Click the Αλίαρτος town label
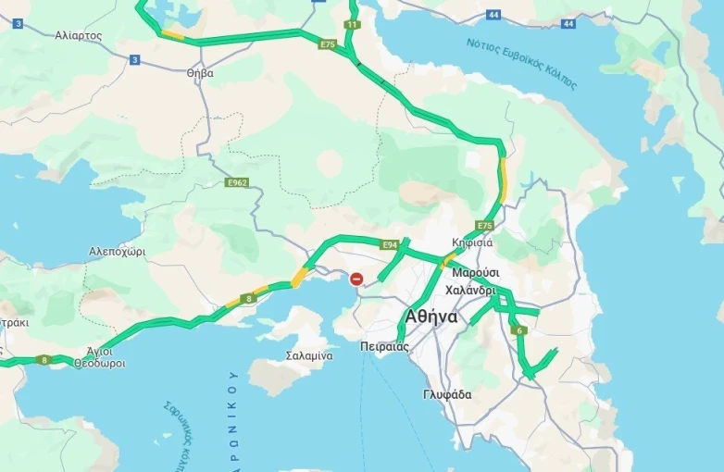tap(79, 35)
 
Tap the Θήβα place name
tap(200, 72)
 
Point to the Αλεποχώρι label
tap(117, 252)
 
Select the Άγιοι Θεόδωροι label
tap(99, 357)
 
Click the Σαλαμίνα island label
tap(309, 355)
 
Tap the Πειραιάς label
tap(384, 347)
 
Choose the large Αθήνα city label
tap(431, 317)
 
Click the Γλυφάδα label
tap(447, 394)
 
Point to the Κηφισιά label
tap(472, 242)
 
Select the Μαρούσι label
tap(476, 273)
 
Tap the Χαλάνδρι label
tap(471, 290)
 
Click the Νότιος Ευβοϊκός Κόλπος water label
tap(521, 64)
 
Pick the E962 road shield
tap(237, 183)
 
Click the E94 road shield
tap(390, 244)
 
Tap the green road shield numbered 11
tap(352, 24)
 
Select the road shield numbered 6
tap(520, 330)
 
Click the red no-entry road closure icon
tap(356, 279)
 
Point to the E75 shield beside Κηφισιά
tap(485, 226)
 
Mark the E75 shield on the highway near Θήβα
tap(327, 43)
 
